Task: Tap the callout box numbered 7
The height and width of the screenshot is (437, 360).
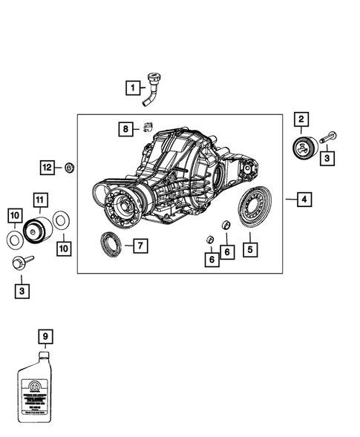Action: click(x=139, y=244)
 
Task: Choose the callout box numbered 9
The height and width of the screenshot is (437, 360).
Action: click(x=45, y=337)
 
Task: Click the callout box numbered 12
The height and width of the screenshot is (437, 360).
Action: click(x=47, y=168)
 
